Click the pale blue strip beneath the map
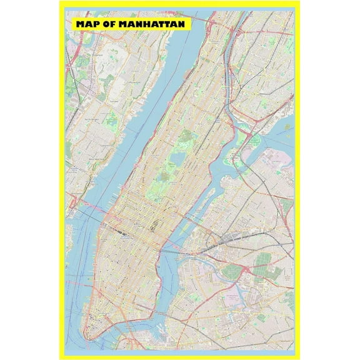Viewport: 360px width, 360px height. pos(180,353)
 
